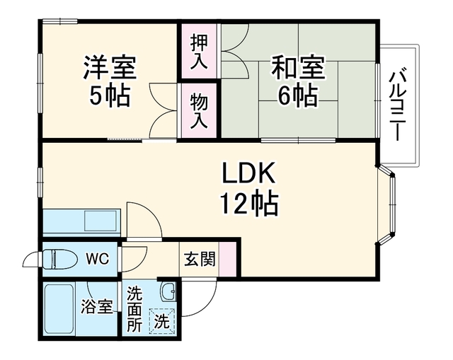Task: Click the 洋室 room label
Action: tap(110, 68)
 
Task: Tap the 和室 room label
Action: tap(298, 68)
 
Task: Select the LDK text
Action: tap(248, 173)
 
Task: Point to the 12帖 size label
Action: tap(249, 204)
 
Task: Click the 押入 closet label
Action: tap(199, 52)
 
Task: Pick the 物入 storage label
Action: tap(199, 111)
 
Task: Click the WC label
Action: tap(98, 259)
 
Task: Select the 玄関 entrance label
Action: tap(200, 259)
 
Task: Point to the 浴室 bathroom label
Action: tap(97, 306)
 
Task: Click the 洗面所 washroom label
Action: tap(134, 309)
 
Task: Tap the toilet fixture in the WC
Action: tap(59, 259)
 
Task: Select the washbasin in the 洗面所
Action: tap(168, 291)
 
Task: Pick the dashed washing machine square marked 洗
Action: tap(162, 321)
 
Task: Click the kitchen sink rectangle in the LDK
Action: tap(101, 220)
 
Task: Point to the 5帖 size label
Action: tap(109, 96)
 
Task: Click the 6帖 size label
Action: tap(298, 95)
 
